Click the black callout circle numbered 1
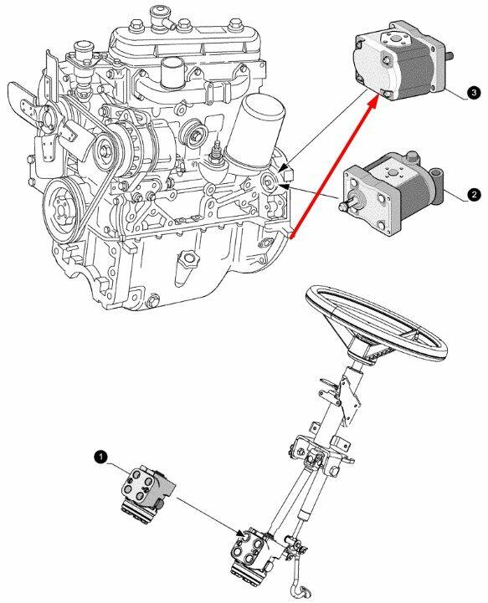101,457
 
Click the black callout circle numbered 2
474,195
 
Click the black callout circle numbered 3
474,93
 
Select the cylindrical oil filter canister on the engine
258,130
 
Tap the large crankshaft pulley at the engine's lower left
64,211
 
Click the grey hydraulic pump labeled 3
400,67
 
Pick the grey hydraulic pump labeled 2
393,195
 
